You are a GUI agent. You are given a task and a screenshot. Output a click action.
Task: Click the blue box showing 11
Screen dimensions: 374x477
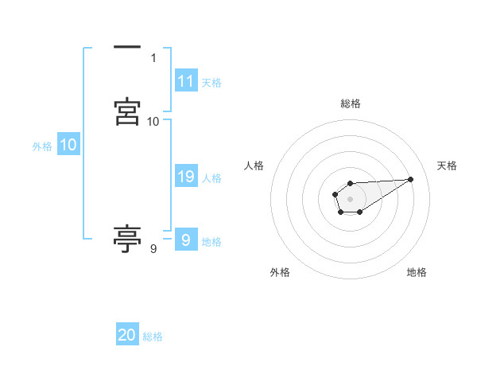[186, 81]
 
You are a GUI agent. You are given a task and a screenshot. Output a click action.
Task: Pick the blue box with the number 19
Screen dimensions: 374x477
[186, 177]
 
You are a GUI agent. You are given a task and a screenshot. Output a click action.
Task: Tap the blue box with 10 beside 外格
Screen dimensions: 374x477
[68, 145]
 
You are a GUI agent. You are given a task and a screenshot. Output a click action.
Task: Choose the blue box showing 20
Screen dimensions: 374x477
[127, 335]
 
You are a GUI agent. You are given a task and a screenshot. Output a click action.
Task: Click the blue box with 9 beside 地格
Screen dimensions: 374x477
[185, 240]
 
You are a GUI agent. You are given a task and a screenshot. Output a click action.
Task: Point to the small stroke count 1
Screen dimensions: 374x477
[153, 58]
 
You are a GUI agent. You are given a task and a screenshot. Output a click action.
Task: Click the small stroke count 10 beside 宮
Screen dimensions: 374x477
[153, 121]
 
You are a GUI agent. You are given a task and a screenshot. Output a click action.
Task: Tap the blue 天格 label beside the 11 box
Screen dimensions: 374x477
[211, 83]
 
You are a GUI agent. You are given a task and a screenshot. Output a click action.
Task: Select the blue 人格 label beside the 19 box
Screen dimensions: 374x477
[211, 178]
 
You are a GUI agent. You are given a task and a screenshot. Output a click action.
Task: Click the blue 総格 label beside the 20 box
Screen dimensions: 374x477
[153, 337]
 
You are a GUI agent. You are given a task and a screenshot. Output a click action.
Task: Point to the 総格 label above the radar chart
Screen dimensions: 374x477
[351, 103]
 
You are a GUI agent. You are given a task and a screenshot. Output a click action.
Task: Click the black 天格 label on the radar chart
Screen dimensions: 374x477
[447, 166]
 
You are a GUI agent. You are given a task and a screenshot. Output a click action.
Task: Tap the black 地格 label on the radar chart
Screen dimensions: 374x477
[417, 272]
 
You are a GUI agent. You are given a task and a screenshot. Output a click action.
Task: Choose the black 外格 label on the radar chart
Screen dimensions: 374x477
[280, 272]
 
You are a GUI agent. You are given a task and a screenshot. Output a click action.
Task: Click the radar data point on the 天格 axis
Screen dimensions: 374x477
[411, 178]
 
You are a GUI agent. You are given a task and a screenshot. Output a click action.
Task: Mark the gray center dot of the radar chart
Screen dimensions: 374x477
[350, 197]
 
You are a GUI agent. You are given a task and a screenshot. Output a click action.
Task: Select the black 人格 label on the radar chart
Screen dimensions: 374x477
[254, 166]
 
